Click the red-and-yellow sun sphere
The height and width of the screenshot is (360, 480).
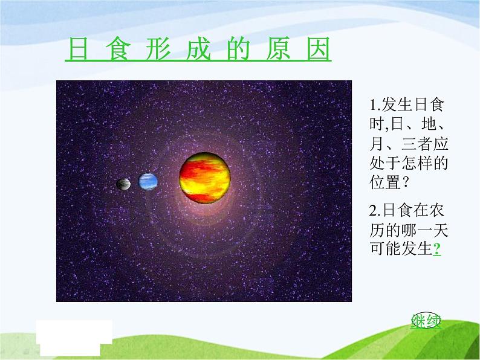[x=205, y=178]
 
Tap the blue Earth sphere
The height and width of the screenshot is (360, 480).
[x=148, y=182]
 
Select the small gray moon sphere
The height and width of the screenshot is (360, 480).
[x=123, y=184]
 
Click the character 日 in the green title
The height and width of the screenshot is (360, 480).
[x=79, y=49]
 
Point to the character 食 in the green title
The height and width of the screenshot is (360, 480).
[x=118, y=49]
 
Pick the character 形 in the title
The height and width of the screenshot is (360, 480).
[x=158, y=49]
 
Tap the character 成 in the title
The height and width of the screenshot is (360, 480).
[x=198, y=49]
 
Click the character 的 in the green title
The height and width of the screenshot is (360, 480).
[x=238, y=49]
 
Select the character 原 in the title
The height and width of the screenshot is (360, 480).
[x=278, y=49]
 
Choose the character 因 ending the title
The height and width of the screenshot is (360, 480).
[x=319, y=49]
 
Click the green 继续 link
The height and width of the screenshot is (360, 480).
[x=426, y=321]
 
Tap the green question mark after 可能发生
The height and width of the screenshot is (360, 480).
[x=437, y=249]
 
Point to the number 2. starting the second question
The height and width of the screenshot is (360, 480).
[x=375, y=211]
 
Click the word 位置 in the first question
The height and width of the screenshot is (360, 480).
[x=385, y=182]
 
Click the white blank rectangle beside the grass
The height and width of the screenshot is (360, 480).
[x=74, y=338]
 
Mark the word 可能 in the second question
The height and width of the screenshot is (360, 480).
[x=385, y=249]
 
